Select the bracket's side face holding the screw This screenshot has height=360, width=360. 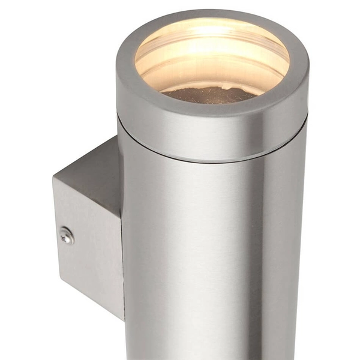tap(87, 252)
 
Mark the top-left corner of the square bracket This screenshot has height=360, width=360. tap(53, 179)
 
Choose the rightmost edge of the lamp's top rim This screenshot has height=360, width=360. tap(308, 66)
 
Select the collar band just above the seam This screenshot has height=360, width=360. tap(210, 141)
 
